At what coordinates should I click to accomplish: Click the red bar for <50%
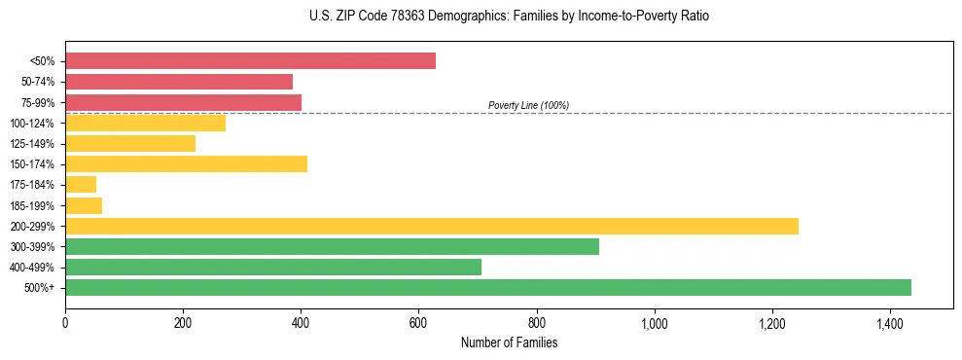(250, 61)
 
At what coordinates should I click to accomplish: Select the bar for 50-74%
(179, 82)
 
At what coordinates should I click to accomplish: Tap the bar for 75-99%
(183, 102)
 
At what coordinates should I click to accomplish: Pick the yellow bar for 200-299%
(432, 226)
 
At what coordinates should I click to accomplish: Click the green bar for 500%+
(488, 287)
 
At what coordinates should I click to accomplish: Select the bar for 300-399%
(332, 246)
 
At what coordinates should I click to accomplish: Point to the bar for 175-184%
(81, 185)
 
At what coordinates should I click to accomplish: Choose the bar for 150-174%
(186, 164)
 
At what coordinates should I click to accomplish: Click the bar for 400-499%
(273, 267)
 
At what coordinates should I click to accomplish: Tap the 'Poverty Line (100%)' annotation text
(528, 105)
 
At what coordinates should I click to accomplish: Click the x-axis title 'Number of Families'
(509, 342)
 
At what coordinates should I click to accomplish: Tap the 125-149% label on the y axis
(32, 144)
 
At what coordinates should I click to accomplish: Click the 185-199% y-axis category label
(32, 205)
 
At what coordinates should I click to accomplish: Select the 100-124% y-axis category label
(32, 124)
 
